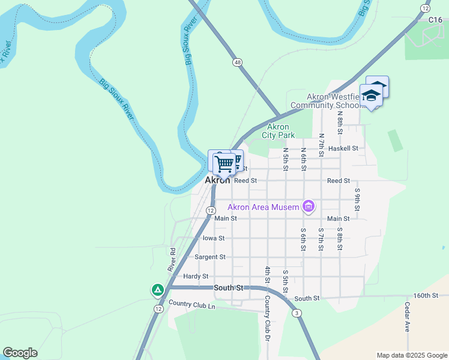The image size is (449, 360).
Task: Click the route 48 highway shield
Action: (238, 62)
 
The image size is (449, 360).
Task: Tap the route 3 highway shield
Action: (297, 313)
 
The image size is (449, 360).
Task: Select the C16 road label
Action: (436, 20)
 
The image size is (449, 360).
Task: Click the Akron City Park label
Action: (278, 131)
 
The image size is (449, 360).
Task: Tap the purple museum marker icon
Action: (309, 208)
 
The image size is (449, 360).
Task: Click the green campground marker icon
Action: (157, 290)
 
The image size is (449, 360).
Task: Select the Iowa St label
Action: (214, 238)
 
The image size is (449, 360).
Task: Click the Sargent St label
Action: (210, 257)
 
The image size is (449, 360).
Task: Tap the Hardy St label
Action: (196, 276)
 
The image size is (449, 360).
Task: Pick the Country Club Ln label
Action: (192, 305)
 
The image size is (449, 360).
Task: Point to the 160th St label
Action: (426, 295)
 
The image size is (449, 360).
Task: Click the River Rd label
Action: (172, 259)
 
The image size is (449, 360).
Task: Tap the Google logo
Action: (20, 353)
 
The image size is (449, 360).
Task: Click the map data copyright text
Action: (411, 355)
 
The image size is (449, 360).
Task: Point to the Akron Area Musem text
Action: (263, 208)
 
